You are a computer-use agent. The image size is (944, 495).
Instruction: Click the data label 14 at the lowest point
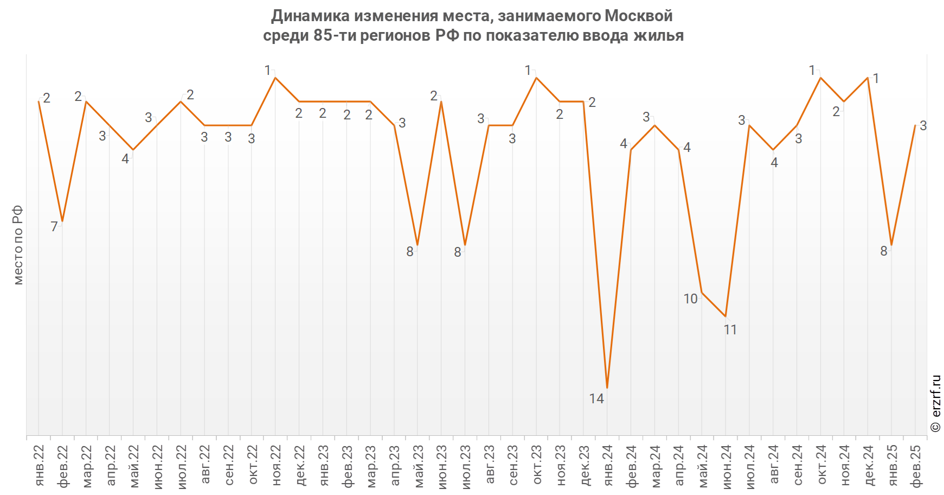(x=596, y=399)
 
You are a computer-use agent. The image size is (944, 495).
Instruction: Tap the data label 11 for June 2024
(x=730, y=329)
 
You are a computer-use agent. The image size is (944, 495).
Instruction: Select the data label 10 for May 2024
(x=690, y=299)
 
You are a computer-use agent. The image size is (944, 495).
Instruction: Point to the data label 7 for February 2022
(x=54, y=227)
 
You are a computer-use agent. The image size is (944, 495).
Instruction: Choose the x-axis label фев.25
(x=915, y=466)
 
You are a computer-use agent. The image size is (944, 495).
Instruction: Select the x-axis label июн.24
(x=726, y=466)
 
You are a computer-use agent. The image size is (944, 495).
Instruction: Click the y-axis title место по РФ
(x=18, y=245)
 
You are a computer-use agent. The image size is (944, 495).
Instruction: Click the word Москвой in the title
(x=639, y=16)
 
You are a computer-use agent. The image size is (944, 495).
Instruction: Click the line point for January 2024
(x=607, y=388)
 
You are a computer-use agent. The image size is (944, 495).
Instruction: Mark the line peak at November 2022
(x=275, y=78)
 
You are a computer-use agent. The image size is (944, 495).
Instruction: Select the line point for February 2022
(x=62, y=221)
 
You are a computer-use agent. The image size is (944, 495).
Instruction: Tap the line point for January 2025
(x=891, y=245)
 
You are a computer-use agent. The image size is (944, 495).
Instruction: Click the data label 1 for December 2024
(x=876, y=79)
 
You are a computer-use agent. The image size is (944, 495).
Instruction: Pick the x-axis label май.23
(x=418, y=466)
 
